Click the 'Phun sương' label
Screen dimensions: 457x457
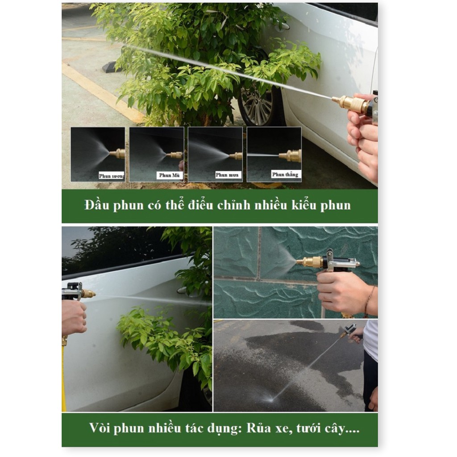pyautogui.click(x=112, y=176)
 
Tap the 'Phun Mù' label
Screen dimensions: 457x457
pyautogui.click(x=169, y=175)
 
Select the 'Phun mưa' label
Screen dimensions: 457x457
pyautogui.click(x=227, y=175)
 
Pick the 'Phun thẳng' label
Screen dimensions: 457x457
pyautogui.click(x=285, y=174)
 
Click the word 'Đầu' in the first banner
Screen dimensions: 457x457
pyautogui.click(x=97, y=205)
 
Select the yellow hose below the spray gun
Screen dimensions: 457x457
pyautogui.click(x=63, y=376)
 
